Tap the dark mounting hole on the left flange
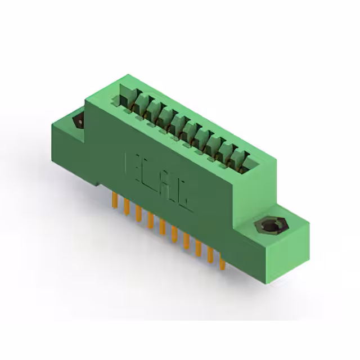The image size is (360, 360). click(x=79, y=121)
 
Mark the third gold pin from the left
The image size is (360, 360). click(x=138, y=212)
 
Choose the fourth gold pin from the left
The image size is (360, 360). click(x=150, y=220)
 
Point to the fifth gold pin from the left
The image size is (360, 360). click(x=162, y=227)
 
